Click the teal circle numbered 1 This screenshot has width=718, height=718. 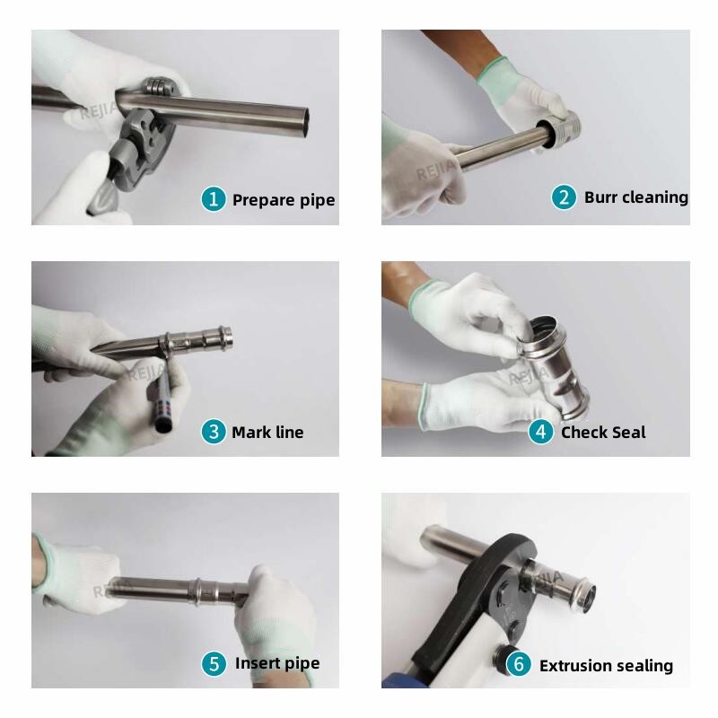coord(214,199)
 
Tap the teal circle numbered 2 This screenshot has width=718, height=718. coord(564,197)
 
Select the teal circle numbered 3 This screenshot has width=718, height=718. coord(214,432)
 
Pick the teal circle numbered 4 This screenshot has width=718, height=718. coord(541,432)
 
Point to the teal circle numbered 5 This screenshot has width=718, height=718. coord(214,663)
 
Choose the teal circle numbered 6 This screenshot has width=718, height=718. coord(519,664)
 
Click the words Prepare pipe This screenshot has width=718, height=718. coord(284,200)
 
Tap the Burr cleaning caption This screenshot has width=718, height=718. coord(636,197)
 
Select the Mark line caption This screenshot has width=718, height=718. coord(267,433)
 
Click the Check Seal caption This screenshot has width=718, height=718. coord(603,433)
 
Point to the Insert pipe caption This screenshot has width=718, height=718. coord(277,663)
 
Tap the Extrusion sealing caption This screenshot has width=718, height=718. coord(606,665)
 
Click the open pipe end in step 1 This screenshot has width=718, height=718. coord(304,121)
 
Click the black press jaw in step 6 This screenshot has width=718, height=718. coord(477,604)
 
